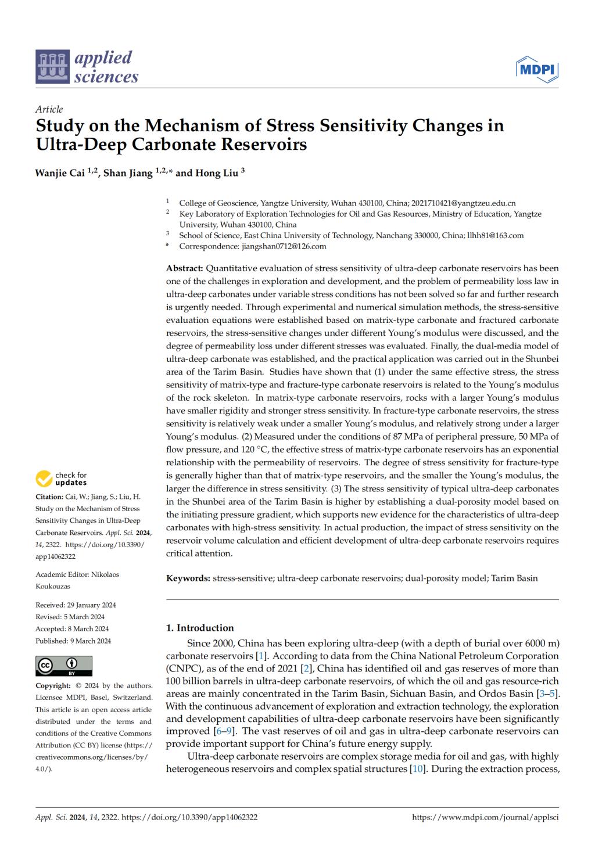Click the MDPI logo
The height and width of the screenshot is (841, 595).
pyautogui.click(x=537, y=70)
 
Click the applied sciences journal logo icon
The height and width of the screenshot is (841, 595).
pyautogui.click(x=53, y=67)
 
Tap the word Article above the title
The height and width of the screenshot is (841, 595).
pyautogui.click(x=49, y=109)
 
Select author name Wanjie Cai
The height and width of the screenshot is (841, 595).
pyautogui.click(x=60, y=172)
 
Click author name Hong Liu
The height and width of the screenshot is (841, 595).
pyautogui.click(x=214, y=172)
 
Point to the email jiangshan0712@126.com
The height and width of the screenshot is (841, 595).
pyautogui.click(x=284, y=246)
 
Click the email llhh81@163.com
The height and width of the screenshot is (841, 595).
pyautogui.click(x=496, y=236)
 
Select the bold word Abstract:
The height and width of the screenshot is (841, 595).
pyautogui.click(x=185, y=268)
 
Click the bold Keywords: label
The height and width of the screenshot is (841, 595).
pyautogui.click(x=188, y=578)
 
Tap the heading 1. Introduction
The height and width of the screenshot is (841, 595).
pyautogui.click(x=200, y=628)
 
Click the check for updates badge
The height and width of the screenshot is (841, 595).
pyautogui.click(x=62, y=479)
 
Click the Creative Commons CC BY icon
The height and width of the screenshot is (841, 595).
pyautogui.click(x=64, y=666)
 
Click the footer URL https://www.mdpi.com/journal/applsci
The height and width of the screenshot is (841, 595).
pyautogui.click(x=485, y=817)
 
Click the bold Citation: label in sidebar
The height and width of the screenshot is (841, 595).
pyautogui.click(x=49, y=497)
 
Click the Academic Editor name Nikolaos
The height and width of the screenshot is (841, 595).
pyautogui.click(x=105, y=574)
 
